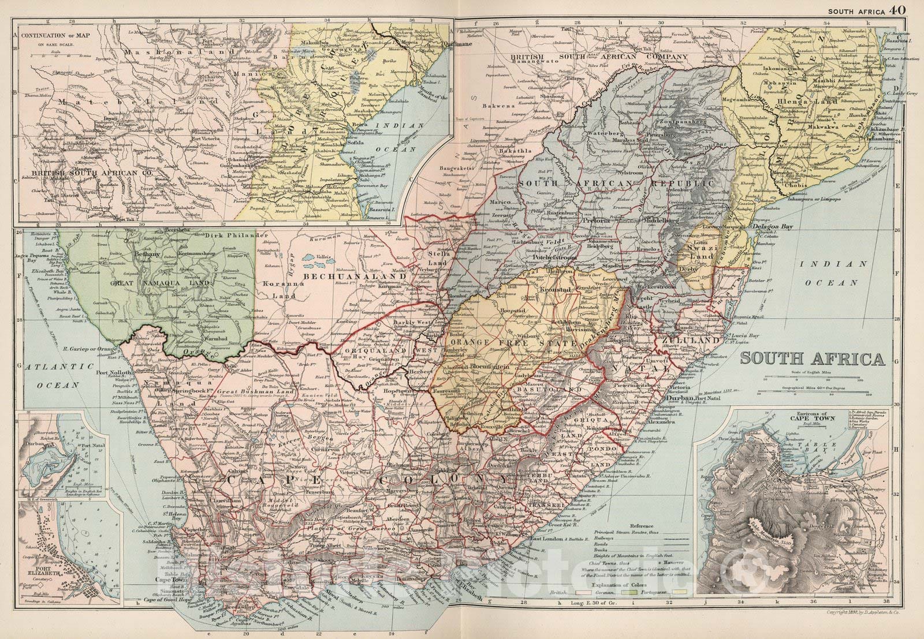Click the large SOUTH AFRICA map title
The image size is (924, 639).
point(812,358)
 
